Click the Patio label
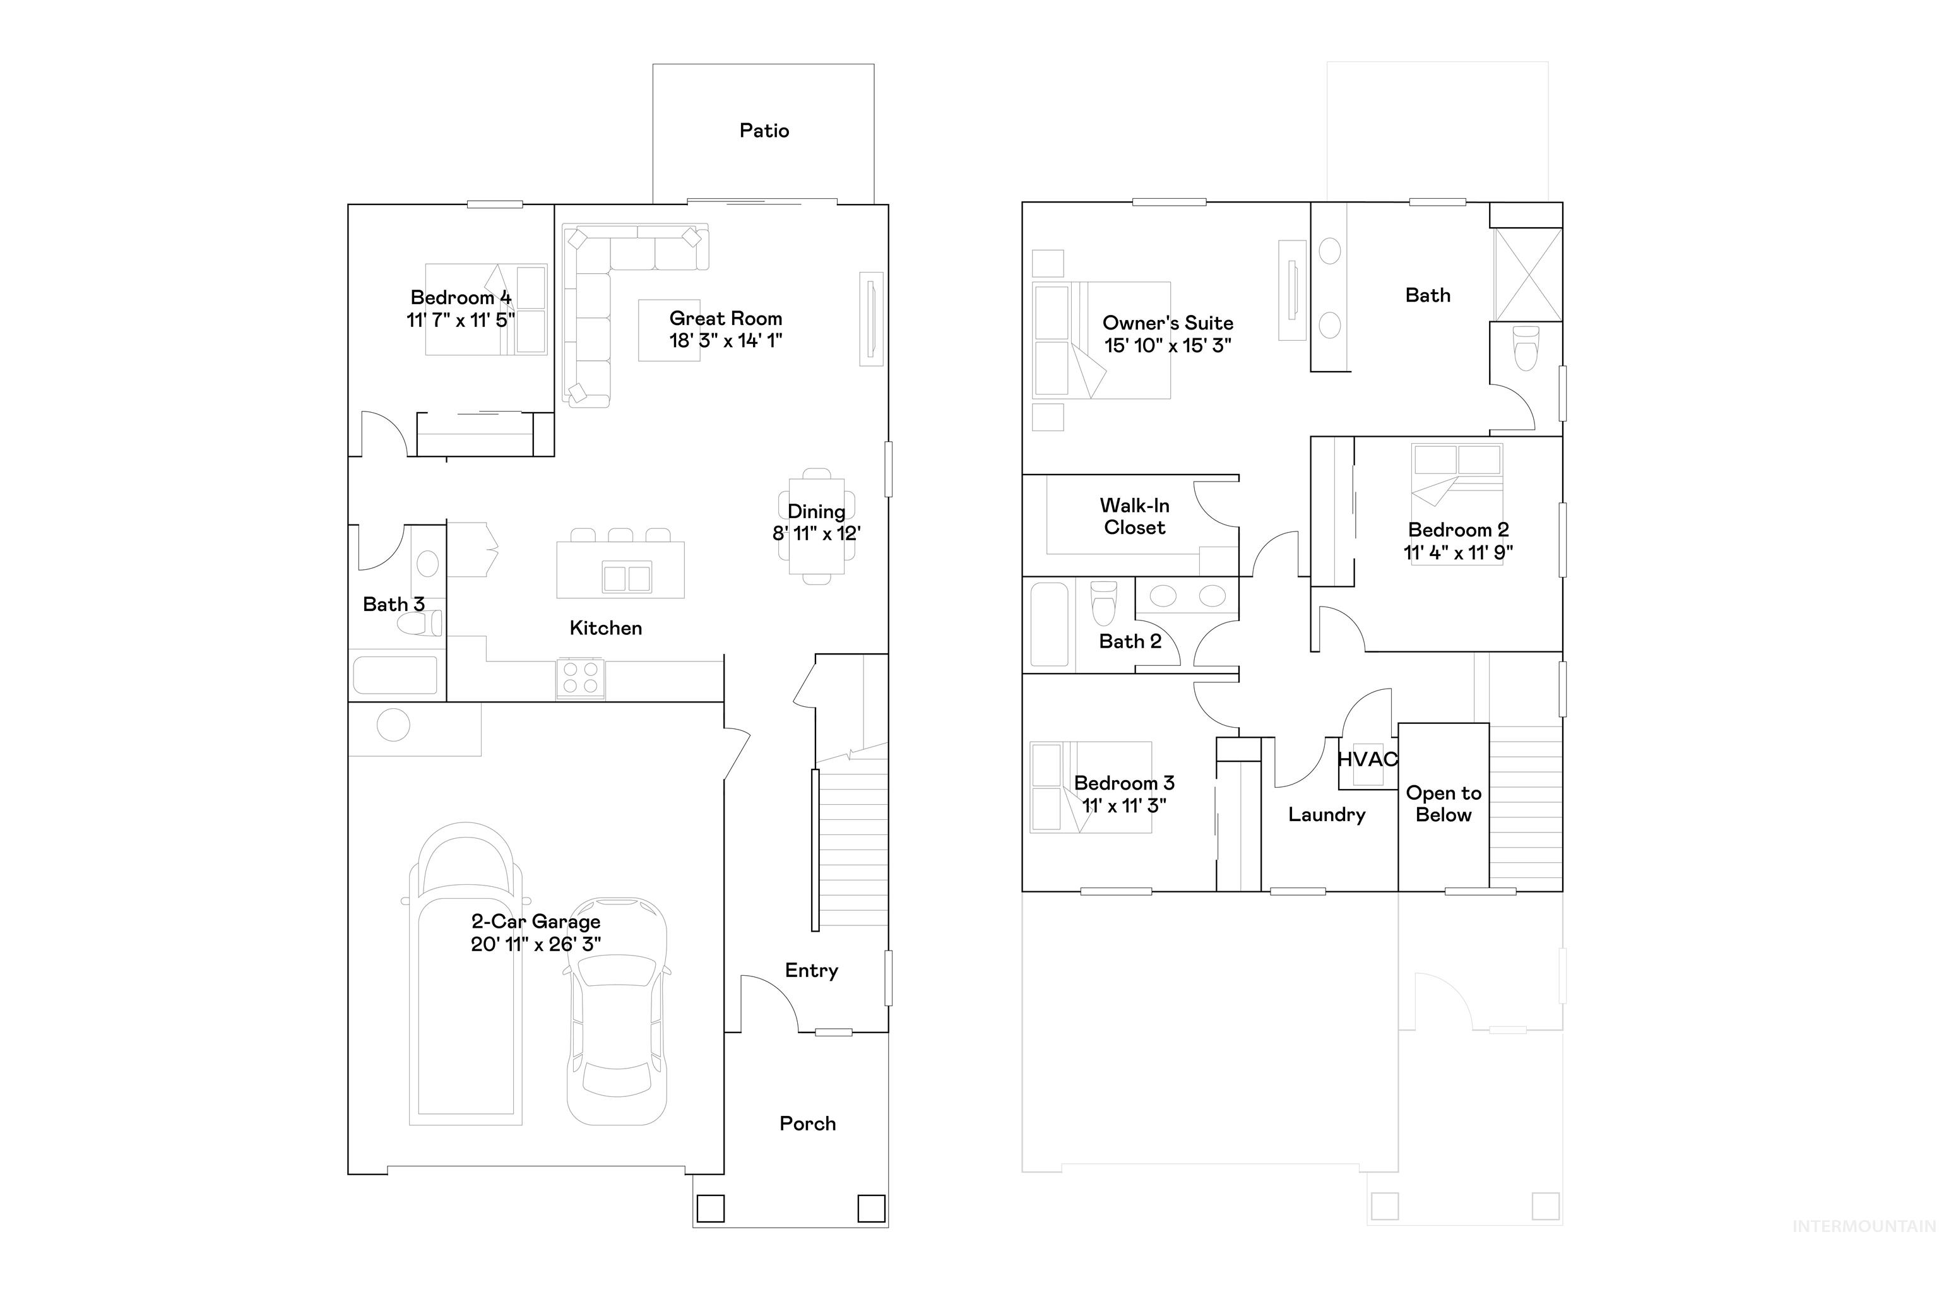coord(763,130)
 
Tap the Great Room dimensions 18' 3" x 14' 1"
coord(725,340)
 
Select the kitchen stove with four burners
coord(579,678)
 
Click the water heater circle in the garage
coord(393,725)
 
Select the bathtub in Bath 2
coord(1048,625)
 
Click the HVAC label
coord(1367,759)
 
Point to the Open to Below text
coord(1442,803)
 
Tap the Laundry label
coord(1326,815)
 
